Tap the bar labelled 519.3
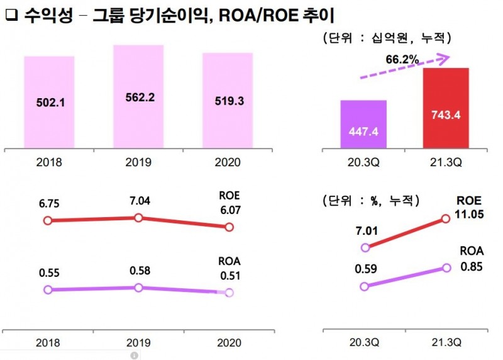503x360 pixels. (x=228, y=100)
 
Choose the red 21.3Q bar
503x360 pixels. (x=446, y=108)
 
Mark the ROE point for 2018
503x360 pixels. (x=47, y=220)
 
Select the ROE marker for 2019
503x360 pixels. (x=138, y=218)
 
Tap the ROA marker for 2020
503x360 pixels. (x=229, y=293)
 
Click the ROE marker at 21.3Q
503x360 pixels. (x=446, y=218)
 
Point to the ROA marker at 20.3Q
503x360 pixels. (x=363, y=286)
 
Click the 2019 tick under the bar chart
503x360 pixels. (x=138, y=162)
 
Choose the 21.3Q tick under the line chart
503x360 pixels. (x=446, y=343)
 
